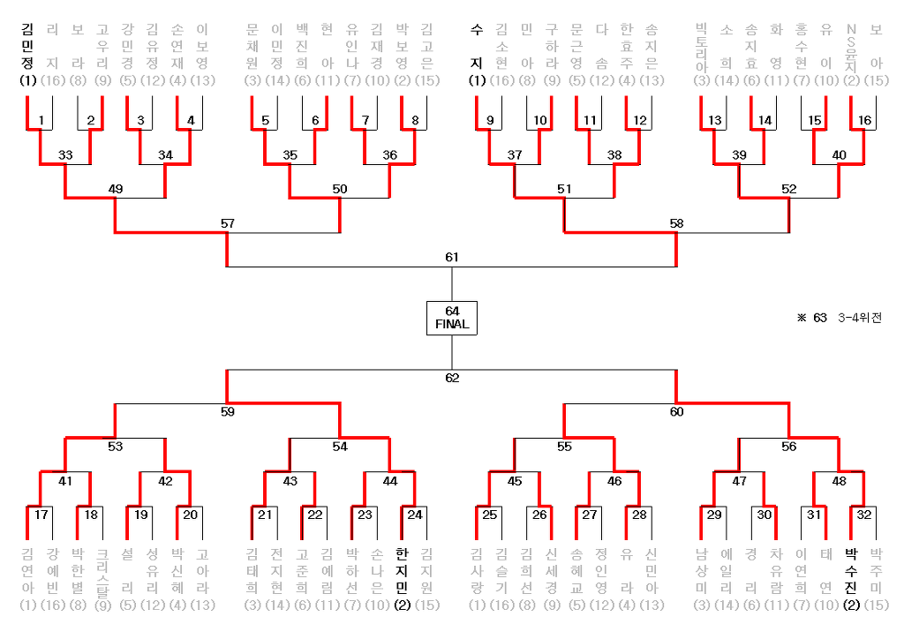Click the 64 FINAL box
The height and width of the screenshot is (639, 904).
pyautogui.click(x=452, y=317)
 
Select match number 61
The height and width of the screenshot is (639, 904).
pyautogui.click(x=452, y=257)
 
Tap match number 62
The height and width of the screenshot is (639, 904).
pyautogui.click(x=452, y=378)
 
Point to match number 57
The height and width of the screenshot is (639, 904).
pyautogui.click(x=228, y=223)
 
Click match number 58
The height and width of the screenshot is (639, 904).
pyautogui.click(x=676, y=223)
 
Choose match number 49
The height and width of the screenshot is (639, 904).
pyautogui.click(x=115, y=189)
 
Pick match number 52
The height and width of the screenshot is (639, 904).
pyautogui.click(x=788, y=189)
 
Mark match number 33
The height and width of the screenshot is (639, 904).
pyautogui.click(x=65, y=154)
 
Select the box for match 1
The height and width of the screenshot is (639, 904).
pyautogui.click(x=41, y=120)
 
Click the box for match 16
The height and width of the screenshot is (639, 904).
pyautogui.click(x=863, y=120)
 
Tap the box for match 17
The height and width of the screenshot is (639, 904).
pyautogui.click(x=41, y=514)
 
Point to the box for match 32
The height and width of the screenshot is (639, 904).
pyautogui.click(x=863, y=514)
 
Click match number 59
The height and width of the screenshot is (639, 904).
pyautogui.click(x=228, y=410)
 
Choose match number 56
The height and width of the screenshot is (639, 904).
pyautogui.click(x=788, y=446)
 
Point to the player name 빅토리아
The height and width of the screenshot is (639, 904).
pyautogui.click(x=702, y=49)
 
